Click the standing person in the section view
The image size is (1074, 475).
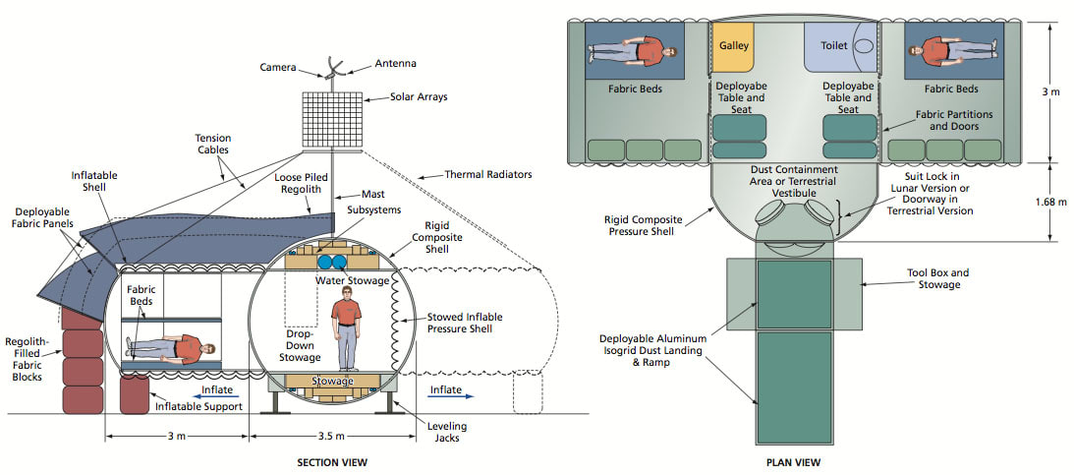pyautogui.click(x=345, y=328)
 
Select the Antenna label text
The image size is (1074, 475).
pyautogui.click(x=395, y=64)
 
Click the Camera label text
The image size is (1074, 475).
pyautogui.click(x=279, y=67)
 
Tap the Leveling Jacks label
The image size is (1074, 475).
pyautogui.click(x=447, y=432)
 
